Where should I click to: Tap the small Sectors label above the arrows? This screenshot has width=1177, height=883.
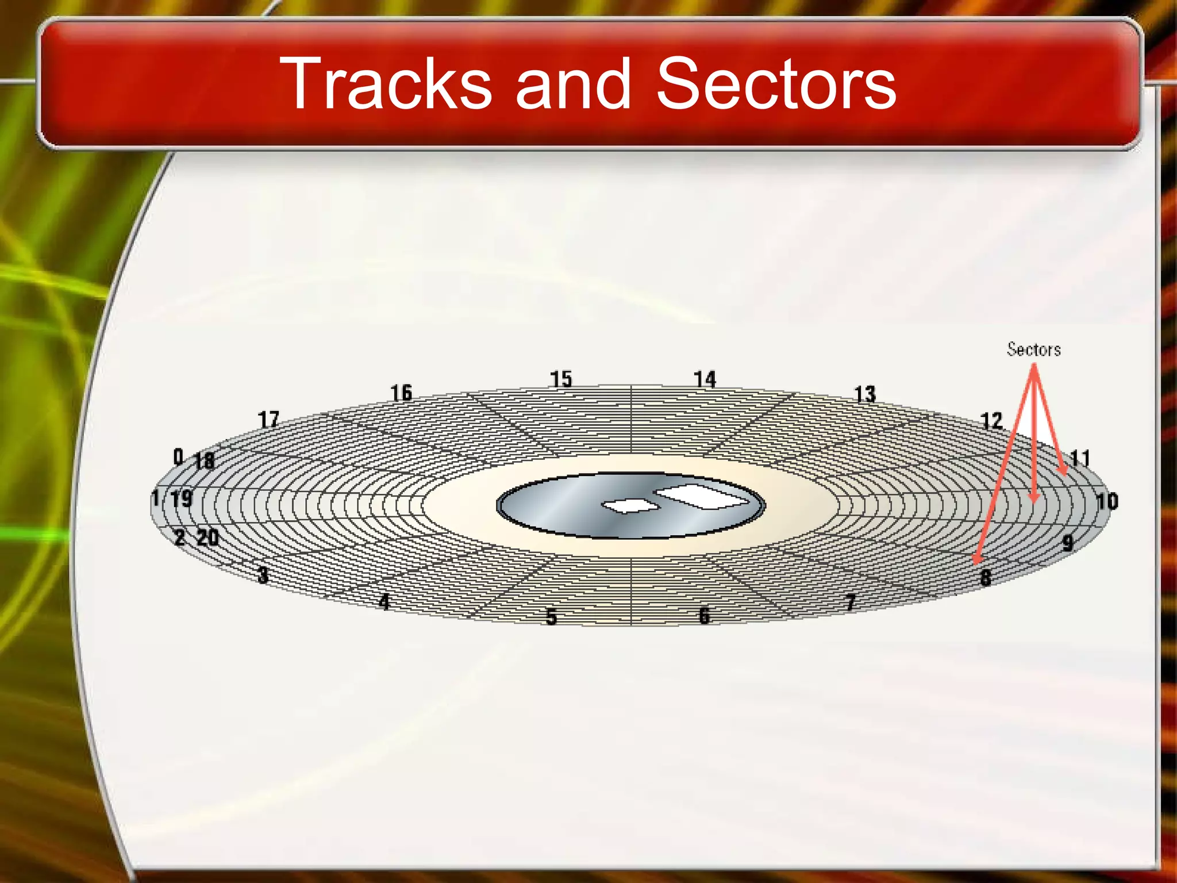[x=1033, y=350]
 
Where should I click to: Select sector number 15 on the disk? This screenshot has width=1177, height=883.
[x=561, y=379]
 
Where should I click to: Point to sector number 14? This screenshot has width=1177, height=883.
[x=705, y=379]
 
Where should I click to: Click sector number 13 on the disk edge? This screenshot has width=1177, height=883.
[x=864, y=394]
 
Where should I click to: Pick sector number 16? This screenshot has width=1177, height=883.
[x=401, y=393]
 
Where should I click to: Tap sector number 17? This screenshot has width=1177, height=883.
[x=268, y=420]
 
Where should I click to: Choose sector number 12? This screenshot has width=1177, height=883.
[x=991, y=421]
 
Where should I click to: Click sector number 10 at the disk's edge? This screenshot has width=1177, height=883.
[x=1107, y=501]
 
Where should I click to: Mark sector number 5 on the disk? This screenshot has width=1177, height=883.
[x=551, y=617]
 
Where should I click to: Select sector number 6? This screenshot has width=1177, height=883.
[x=704, y=616]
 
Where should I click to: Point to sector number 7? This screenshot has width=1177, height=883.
[x=851, y=602]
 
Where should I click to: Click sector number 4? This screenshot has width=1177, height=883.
[x=384, y=601]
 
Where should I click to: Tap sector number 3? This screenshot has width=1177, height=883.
[x=263, y=574]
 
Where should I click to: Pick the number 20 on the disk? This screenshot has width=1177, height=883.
[x=207, y=538]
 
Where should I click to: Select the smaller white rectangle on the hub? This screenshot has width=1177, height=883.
[x=630, y=505]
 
